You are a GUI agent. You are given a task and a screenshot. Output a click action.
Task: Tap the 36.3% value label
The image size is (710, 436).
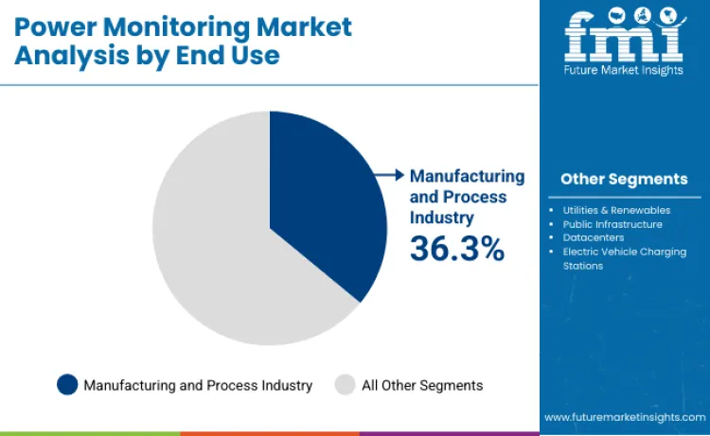[456, 249]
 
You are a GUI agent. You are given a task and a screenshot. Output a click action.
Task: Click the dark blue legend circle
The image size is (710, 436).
[67, 385]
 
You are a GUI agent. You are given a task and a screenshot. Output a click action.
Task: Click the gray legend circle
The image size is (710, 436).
[345, 385]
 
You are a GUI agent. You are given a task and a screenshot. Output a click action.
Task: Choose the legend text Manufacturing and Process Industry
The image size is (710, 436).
[197, 385]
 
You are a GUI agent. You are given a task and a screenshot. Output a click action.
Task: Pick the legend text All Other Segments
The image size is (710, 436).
[422, 385]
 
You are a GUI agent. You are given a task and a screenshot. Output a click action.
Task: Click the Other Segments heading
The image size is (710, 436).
[624, 179]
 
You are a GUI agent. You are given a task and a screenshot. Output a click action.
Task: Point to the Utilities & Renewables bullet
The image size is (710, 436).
[616, 210]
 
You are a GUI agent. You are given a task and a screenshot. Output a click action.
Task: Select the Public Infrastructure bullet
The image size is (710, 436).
[612, 224]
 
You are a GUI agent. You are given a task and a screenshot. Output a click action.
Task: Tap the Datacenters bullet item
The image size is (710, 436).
[593, 237]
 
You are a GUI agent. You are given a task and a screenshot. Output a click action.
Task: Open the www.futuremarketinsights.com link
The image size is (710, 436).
[624, 416]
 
